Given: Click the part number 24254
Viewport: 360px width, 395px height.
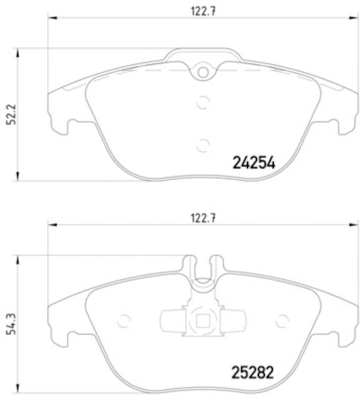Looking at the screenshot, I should (253, 162).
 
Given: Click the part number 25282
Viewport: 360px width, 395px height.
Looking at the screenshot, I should (253, 371).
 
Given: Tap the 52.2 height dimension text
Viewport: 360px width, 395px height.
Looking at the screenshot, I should (8, 115).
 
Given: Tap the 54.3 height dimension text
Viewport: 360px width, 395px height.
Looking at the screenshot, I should (8, 325).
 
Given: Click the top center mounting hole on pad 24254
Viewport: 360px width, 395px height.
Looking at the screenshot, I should (203, 72).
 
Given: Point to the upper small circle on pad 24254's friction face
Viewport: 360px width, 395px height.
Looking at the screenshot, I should (203, 102).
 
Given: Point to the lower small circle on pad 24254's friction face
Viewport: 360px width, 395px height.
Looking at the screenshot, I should (203, 145).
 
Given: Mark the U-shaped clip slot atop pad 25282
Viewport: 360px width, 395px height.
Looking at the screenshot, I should (203, 269).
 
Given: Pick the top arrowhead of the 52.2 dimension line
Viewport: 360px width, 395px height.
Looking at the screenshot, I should (18, 52).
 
